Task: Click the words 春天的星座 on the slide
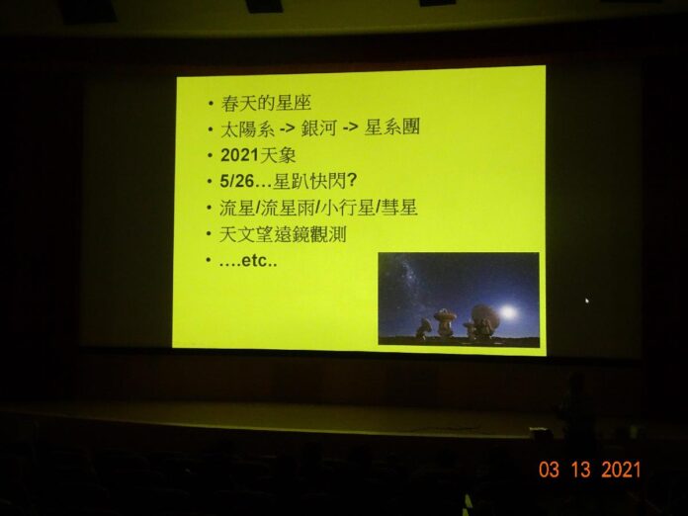266,103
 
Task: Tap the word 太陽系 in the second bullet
247,129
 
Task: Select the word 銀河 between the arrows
319,129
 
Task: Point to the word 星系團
391,127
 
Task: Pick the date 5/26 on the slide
237,181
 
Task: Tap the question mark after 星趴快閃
352,180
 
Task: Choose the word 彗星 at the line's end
398,208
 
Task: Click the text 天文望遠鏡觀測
283,234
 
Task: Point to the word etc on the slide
254,261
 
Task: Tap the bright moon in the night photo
508,312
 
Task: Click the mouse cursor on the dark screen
587,301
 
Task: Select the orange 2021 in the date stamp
621,470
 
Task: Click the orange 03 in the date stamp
550,470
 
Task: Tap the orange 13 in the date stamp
581,470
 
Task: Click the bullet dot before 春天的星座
212,104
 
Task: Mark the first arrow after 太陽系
287,129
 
